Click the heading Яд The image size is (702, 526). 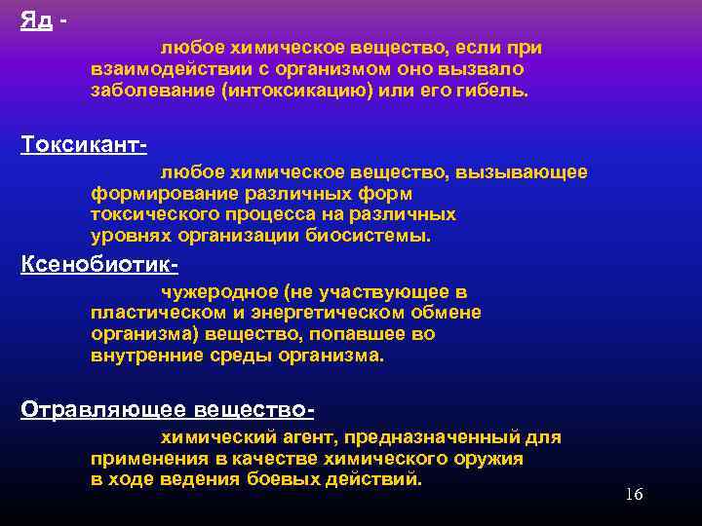[36, 20]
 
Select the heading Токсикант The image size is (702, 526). [82, 143]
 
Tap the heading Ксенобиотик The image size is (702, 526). [97, 264]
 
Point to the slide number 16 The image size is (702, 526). [634, 494]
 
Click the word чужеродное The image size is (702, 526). [211, 291]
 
